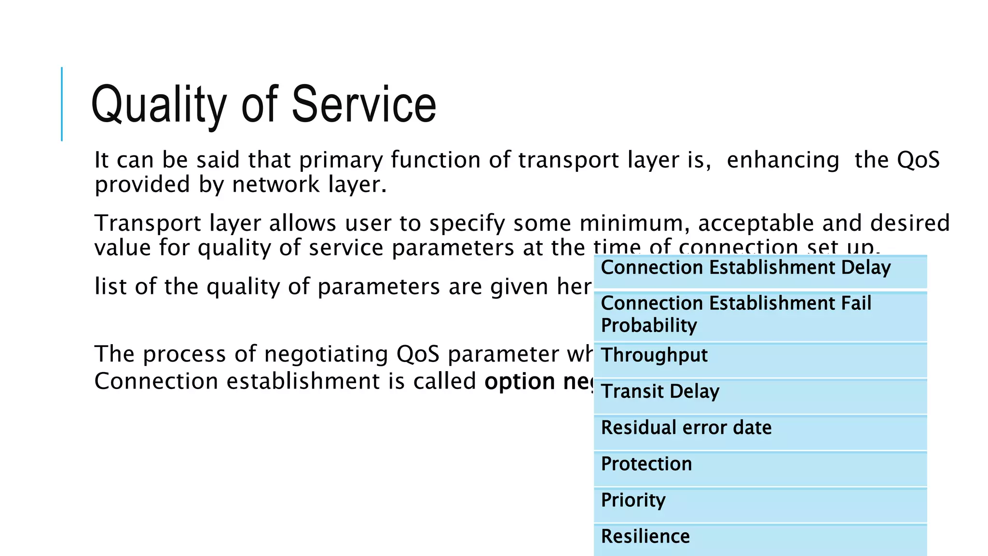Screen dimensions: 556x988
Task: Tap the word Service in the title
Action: tap(364, 104)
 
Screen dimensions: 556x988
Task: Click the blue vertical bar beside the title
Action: tap(62, 104)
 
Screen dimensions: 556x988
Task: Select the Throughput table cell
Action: tap(760, 360)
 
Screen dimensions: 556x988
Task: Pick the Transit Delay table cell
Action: tap(760, 396)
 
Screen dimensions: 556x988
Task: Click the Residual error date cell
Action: tap(760, 432)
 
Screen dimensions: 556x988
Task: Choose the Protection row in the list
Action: tap(760, 469)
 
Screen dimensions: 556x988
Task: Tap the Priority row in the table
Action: tap(760, 505)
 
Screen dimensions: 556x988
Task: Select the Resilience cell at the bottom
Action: tap(760, 540)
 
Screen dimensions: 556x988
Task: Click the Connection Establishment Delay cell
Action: tap(760, 272)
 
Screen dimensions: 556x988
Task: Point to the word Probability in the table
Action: tap(649, 326)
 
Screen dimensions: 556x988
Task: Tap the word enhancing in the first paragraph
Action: tap(783, 160)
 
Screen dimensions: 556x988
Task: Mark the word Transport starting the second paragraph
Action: tap(148, 223)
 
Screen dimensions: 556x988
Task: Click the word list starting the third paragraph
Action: tap(110, 286)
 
